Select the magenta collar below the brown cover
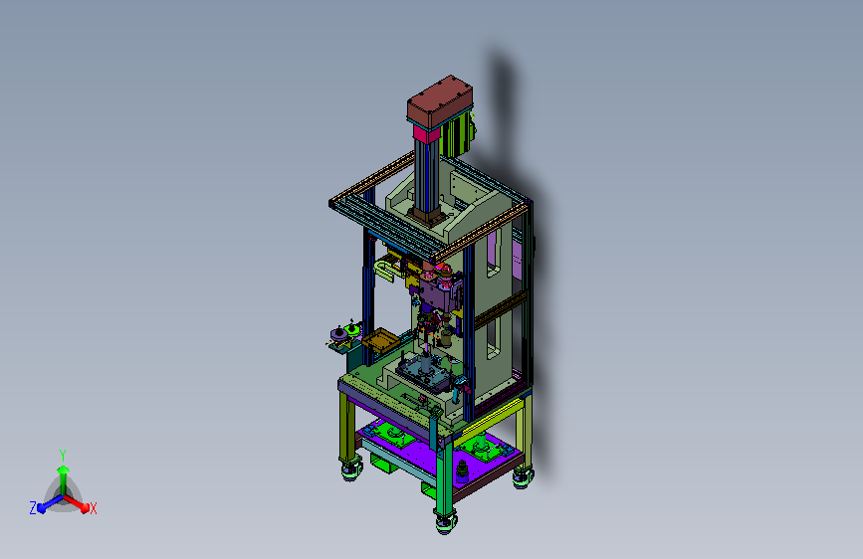click(427, 133)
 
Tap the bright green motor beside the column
click(459, 135)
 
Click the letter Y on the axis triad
click(63, 455)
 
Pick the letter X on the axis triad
click(93, 508)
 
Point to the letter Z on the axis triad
click(33, 508)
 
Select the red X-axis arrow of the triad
click(77, 502)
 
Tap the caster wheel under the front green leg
click(446, 522)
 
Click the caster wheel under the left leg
click(351, 470)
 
